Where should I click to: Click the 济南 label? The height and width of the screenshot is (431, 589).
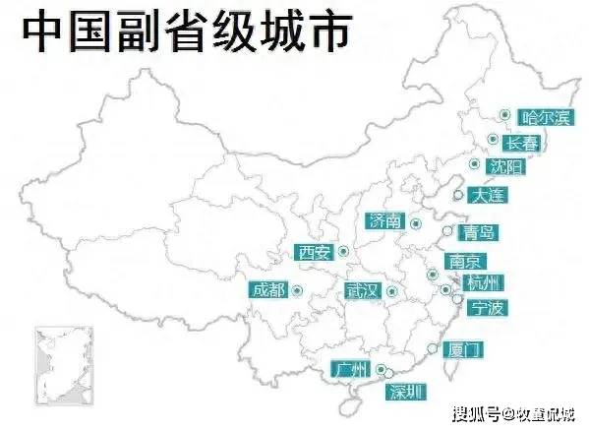click(x=383, y=220)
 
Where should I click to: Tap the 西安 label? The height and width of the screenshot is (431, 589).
click(x=314, y=252)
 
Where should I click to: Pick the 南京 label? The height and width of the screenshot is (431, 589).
click(x=462, y=262)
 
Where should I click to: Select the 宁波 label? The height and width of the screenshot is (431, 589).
click(x=487, y=308)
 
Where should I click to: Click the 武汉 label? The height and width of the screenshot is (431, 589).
click(x=362, y=290)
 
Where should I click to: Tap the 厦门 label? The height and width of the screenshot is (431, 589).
click(x=462, y=349)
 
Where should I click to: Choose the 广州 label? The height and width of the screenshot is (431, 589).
click(x=349, y=370)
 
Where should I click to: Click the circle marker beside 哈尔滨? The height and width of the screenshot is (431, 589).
click(x=502, y=115)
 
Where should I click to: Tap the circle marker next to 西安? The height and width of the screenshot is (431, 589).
click(x=343, y=252)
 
